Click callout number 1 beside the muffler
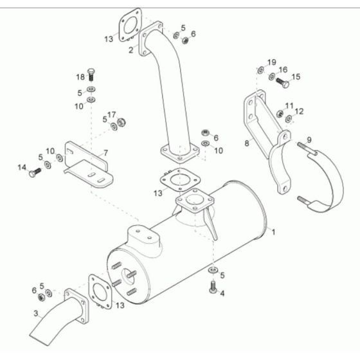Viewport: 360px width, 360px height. click(274, 230)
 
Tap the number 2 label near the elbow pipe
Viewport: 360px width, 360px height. click(130, 50)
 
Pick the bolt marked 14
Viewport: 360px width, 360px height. click(35, 172)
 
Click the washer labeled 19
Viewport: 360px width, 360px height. click(260, 69)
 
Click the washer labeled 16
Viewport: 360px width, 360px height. click(270, 77)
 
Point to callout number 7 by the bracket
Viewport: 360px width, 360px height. click(105, 153)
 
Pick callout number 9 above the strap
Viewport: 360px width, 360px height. click(309, 139)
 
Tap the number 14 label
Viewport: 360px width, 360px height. click(21, 168)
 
